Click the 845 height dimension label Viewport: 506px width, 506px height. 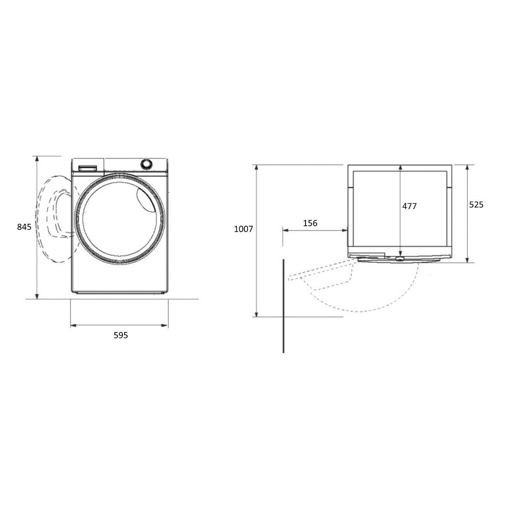tap(24, 227)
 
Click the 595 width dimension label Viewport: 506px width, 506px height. tap(121, 335)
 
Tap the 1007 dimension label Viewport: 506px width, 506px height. tap(243, 229)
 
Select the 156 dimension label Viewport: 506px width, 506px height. tap(310, 223)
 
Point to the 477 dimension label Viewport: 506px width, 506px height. tap(409, 206)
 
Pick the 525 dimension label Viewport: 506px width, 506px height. tap(476, 205)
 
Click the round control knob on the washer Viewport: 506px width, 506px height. tap(146, 164)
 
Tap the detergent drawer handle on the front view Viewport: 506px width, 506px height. tap(88, 168)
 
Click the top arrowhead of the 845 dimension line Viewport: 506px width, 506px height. tap(37, 159)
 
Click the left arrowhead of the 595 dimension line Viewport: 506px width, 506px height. tap(74, 326)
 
